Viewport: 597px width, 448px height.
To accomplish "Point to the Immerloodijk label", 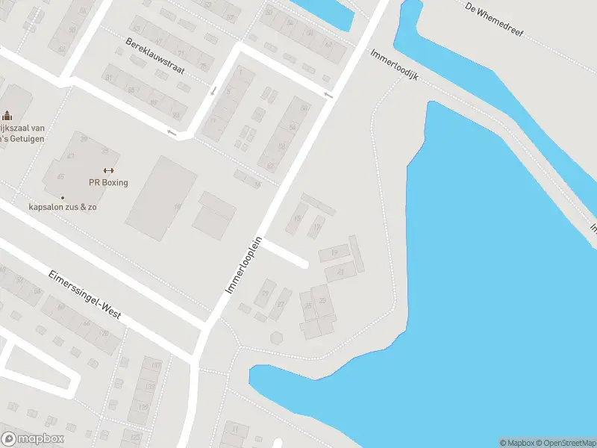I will tap(395, 66).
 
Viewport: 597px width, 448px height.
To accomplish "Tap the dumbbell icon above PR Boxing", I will tap(109, 170).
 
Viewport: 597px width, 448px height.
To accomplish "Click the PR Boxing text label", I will tap(109, 183).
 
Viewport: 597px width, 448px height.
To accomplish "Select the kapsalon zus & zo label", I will tap(63, 207).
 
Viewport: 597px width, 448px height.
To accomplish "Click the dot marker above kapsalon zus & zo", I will tap(63, 197).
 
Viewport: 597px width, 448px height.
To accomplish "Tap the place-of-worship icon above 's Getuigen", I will tap(7, 115).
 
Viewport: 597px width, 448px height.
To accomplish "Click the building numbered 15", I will tap(298, 218).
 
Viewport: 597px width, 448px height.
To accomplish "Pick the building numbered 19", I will tap(334, 254).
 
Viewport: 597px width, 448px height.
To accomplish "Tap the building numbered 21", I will tap(340, 273).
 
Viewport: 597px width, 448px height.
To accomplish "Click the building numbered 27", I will tap(281, 305).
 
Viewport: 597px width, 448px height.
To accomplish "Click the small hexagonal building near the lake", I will tap(278, 337).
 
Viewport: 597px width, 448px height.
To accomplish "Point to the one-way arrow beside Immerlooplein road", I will tap(328, 95).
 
